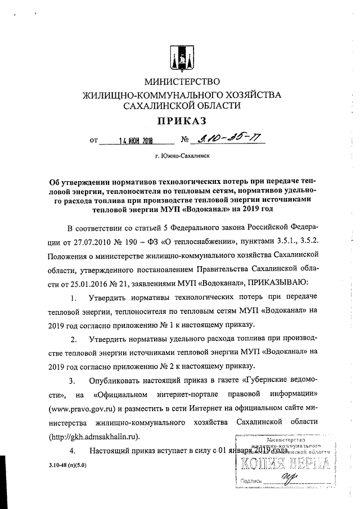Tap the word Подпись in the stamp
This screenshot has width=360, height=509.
click(x=251, y=481)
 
